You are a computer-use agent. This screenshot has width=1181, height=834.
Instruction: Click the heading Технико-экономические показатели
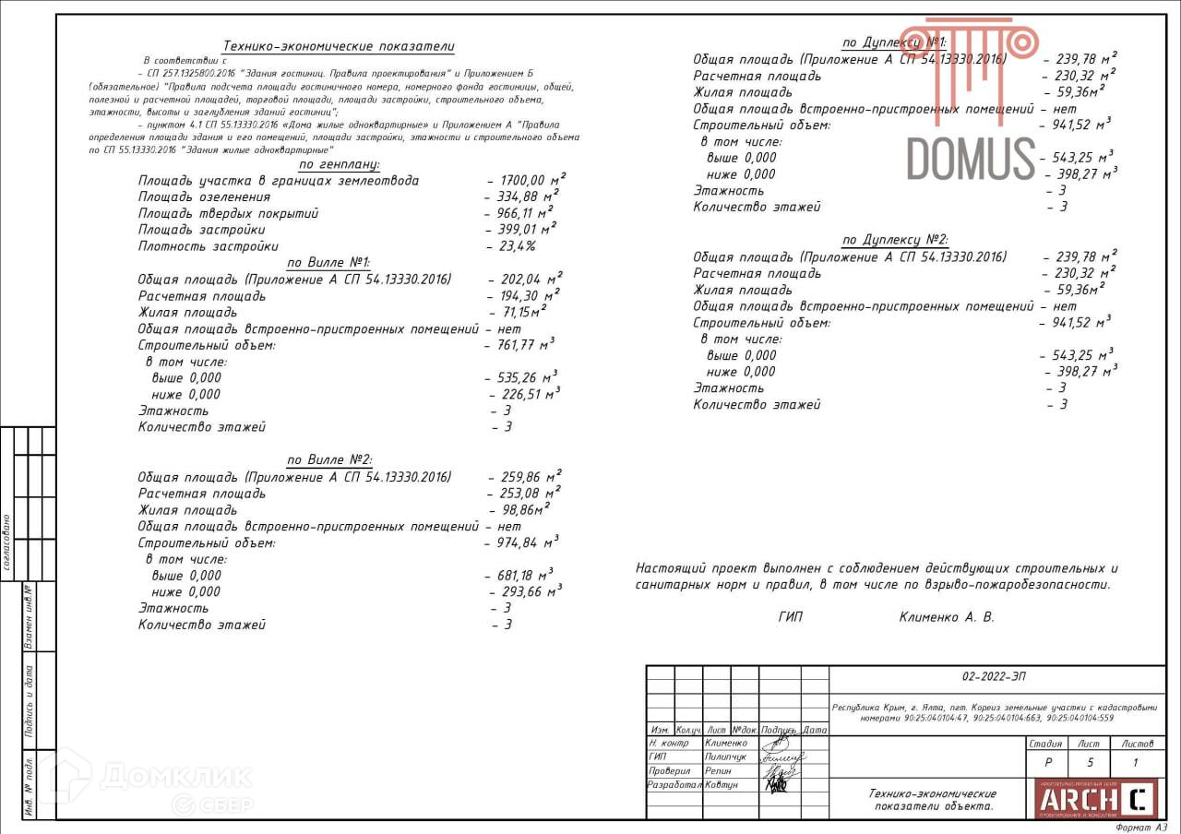(339, 47)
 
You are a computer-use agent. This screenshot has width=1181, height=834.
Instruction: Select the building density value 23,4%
(512, 246)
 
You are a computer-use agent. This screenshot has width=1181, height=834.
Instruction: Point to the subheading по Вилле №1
(328, 263)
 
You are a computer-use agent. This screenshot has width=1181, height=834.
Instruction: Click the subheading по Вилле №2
(328, 460)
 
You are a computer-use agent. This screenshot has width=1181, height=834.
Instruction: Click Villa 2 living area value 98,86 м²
(520, 510)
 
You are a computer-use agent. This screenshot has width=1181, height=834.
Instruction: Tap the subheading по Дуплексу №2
(895, 241)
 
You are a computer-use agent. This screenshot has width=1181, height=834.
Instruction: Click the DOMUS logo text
(972, 158)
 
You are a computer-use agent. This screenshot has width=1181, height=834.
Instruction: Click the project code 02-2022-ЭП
(993, 676)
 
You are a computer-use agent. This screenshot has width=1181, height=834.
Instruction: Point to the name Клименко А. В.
(947, 617)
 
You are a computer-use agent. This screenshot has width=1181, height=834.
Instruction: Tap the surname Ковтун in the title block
(722, 785)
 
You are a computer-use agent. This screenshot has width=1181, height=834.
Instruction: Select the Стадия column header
(1044, 743)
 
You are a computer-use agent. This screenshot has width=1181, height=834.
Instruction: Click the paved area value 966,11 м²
(519, 213)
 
